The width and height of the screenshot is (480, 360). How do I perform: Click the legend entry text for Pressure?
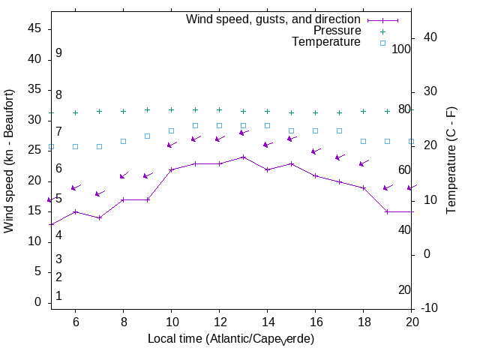[337, 31]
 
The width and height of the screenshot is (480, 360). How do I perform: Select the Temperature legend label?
[326, 42]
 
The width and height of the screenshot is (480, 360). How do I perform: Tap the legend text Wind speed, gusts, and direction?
[274, 19]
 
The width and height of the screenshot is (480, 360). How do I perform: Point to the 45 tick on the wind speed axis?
[35, 28]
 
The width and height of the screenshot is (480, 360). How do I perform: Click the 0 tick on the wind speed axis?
[38, 302]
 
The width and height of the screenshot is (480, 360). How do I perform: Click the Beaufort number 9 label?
[58, 53]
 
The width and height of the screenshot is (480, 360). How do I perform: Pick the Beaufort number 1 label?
[58, 296]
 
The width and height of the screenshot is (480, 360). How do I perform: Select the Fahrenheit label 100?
[402, 49]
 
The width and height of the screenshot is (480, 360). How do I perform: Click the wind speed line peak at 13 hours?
[243, 157]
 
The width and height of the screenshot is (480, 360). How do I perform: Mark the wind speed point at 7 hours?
[99, 217]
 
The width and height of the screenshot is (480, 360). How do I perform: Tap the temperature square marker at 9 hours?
[147, 136]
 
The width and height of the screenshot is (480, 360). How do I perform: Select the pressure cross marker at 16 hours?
[315, 112]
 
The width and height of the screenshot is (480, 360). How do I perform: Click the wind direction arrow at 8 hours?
[124, 175]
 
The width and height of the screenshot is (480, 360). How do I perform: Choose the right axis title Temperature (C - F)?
[451, 160]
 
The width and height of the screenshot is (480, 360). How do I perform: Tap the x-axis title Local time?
[231, 339]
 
